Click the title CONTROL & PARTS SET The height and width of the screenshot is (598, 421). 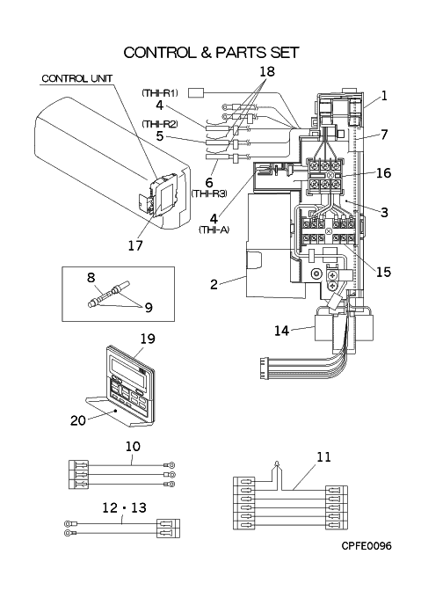211,53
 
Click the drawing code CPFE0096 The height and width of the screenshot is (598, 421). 367,546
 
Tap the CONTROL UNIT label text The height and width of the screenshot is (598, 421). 77,78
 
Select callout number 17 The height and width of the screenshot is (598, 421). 135,245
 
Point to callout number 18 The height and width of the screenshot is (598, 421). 267,71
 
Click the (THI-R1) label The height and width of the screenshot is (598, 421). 160,92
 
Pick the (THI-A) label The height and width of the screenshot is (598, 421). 214,230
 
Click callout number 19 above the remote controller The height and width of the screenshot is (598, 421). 148,339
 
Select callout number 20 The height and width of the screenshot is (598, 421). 78,420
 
